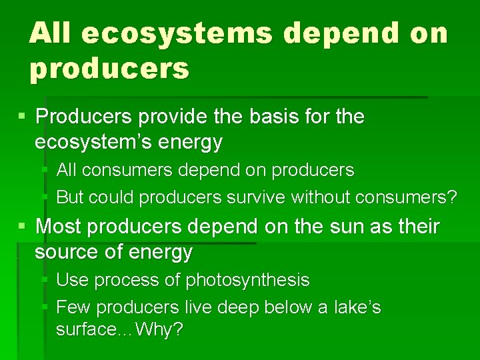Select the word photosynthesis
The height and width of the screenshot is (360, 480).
click(x=247, y=280)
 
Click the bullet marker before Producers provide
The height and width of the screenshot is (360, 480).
click(x=23, y=117)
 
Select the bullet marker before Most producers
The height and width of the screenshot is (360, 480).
click(x=23, y=227)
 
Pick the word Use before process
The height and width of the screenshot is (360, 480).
click(x=72, y=280)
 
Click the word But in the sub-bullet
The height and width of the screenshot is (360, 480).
click(x=69, y=197)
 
